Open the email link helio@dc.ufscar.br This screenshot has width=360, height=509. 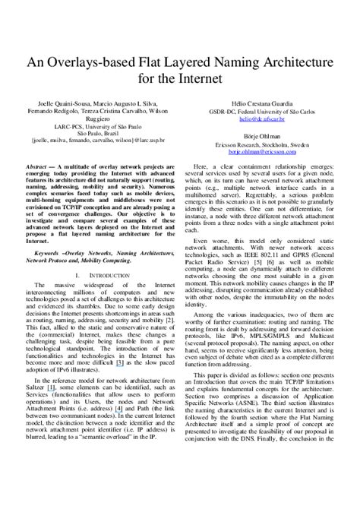click(x=262, y=119)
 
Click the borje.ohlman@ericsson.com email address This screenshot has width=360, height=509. click(x=262, y=151)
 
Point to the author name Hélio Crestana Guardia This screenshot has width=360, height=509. click(x=262, y=103)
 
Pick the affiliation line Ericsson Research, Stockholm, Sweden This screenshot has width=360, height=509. click(x=262, y=143)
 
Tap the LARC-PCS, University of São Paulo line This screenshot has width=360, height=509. click(x=99, y=125)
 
